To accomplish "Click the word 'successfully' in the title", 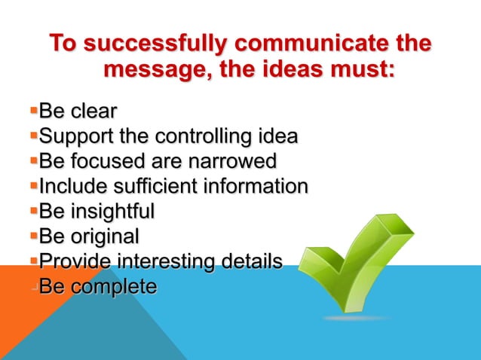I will (152, 44).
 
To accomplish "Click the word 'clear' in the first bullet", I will (93, 113).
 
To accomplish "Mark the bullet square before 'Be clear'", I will (33, 113).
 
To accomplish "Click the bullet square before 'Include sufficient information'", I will (33, 185).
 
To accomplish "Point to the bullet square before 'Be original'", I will (33, 236).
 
